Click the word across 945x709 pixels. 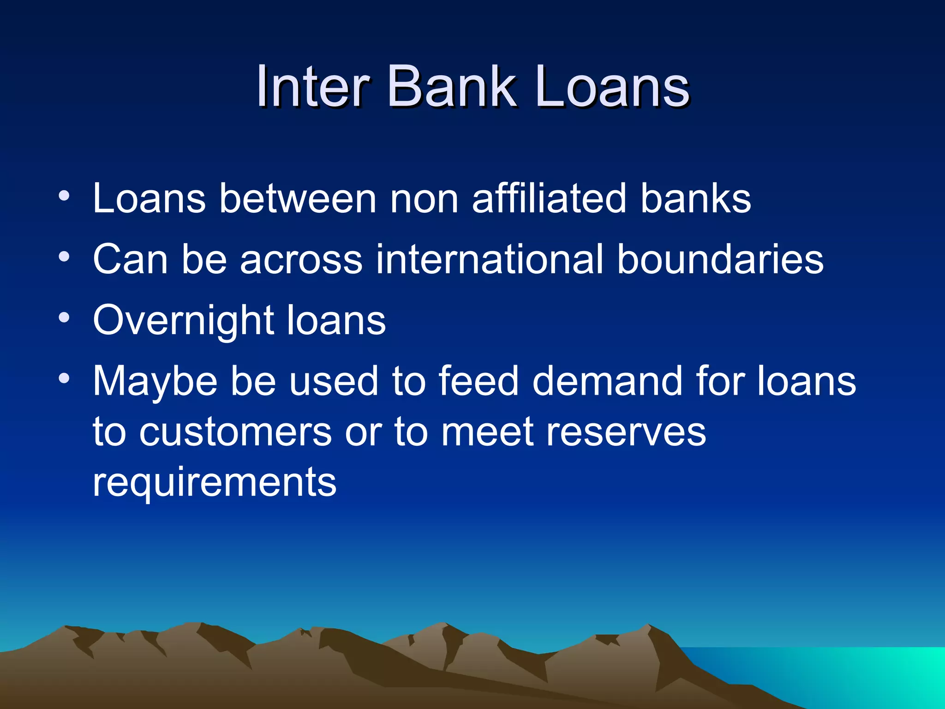301,259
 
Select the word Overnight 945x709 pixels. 183,320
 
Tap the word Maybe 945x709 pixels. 155,382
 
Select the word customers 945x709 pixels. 235,432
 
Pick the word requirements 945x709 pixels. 215,483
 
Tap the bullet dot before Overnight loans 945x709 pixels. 64,318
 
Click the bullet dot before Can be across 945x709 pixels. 64,256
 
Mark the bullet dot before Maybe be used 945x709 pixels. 64,379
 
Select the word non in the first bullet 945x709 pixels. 424,199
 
